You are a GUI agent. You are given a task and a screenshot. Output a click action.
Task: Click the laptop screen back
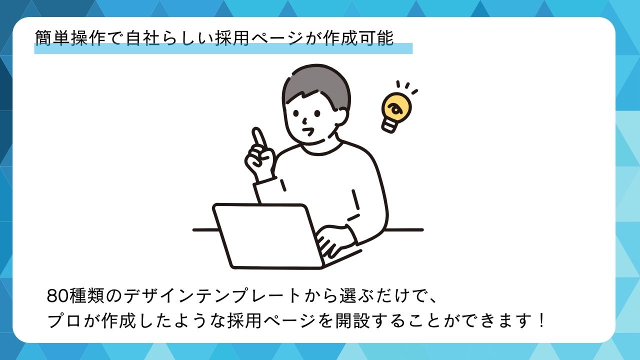(x=268, y=236)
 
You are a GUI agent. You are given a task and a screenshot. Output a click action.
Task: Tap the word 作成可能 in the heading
(x=358, y=38)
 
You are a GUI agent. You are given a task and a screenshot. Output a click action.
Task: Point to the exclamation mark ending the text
(x=540, y=320)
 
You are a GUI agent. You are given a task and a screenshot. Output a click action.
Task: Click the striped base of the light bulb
(x=390, y=125)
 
